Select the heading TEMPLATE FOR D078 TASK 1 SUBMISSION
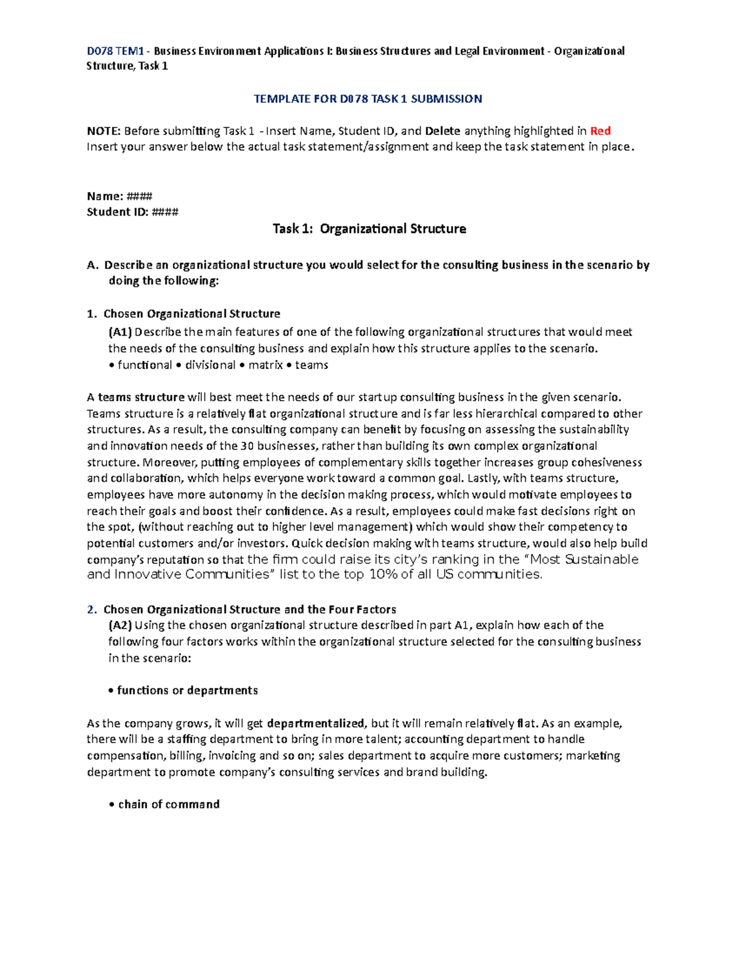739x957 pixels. click(x=368, y=99)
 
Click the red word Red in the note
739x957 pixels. click(x=600, y=131)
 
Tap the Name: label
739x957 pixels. click(x=105, y=196)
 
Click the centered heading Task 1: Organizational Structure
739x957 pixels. click(x=369, y=229)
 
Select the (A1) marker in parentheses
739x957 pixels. click(x=120, y=332)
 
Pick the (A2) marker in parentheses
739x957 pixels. click(x=120, y=625)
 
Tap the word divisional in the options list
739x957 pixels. click(x=210, y=365)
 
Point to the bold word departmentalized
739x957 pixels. click(x=317, y=723)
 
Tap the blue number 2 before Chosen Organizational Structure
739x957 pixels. click(x=91, y=609)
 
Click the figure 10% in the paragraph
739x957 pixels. click(x=384, y=574)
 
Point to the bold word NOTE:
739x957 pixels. click(x=103, y=131)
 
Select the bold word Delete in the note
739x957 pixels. click(x=443, y=131)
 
